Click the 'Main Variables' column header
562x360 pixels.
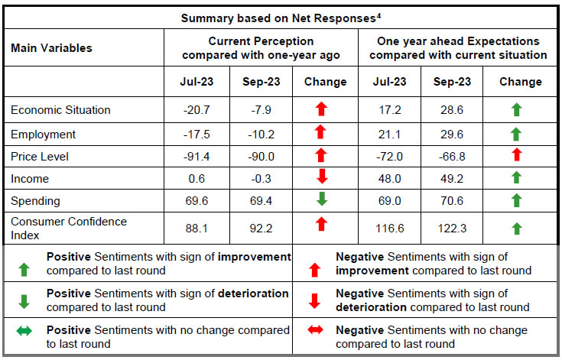pos(51,48)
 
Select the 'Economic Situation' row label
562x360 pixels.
pos(60,110)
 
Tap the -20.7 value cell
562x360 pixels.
pos(197,110)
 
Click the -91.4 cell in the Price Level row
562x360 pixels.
pos(197,157)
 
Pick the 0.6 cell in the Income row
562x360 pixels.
pos(197,179)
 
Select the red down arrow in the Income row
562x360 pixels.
pos(320,179)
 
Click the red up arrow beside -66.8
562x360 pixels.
pos(516,156)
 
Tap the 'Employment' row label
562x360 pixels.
pos(44,135)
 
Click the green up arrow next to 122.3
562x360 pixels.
pos(516,228)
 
